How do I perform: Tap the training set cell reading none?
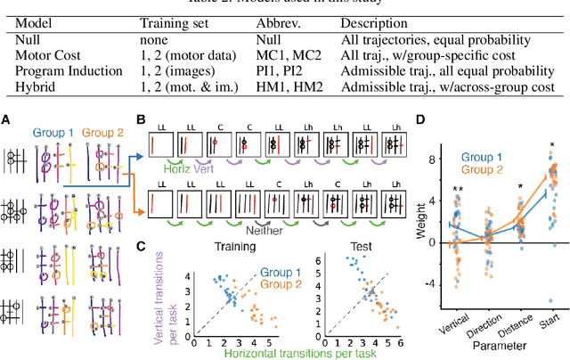click(x=157, y=40)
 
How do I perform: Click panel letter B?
click(x=139, y=117)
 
